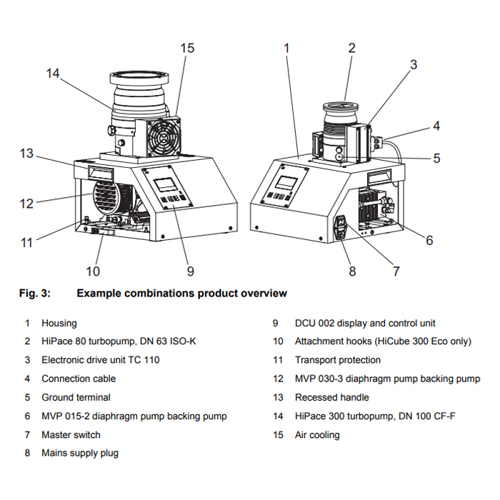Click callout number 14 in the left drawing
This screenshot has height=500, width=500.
(x=53, y=73)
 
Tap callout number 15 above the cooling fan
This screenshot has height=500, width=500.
(x=187, y=48)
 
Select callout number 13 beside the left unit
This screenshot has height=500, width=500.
(x=26, y=154)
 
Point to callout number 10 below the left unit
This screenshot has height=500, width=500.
(x=93, y=271)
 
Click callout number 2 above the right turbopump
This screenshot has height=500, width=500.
(x=351, y=48)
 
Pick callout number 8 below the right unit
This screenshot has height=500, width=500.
(x=351, y=271)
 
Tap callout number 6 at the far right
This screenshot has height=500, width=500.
(x=429, y=241)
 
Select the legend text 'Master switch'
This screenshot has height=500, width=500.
(x=71, y=434)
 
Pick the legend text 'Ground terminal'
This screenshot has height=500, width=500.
(x=76, y=397)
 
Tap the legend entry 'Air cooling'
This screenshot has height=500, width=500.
(x=317, y=434)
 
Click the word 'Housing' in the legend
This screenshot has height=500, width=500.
(x=59, y=323)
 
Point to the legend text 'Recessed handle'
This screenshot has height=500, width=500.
(x=331, y=397)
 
